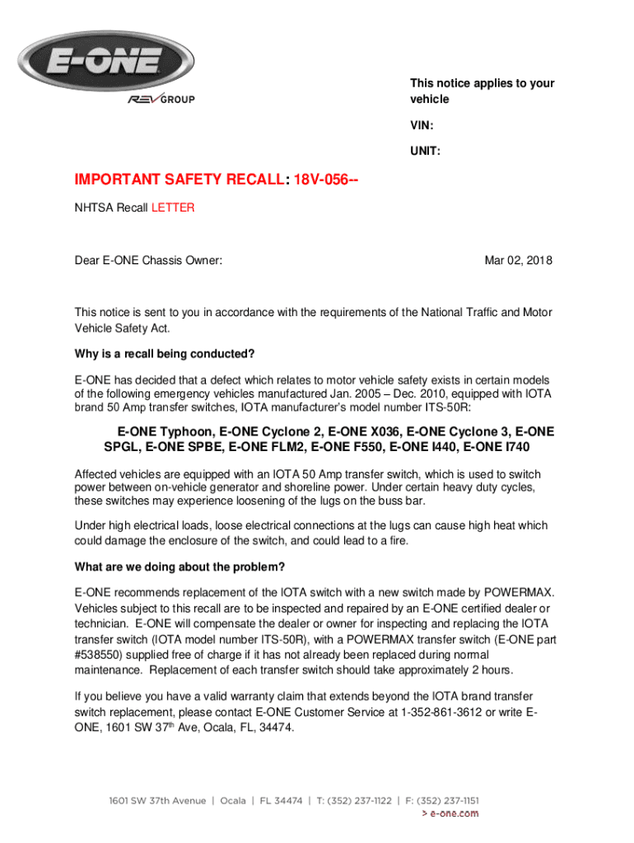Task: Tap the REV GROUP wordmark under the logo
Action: pyautogui.click(x=161, y=100)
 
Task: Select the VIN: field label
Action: pyautogui.click(x=423, y=126)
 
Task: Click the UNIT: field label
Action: pyautogui.click(x=426, y=151)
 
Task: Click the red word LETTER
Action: pyautogui.click(x=173, y=208)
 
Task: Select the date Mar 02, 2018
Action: pyautogui.click(x=518, y=261)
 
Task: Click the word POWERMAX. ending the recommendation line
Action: pyautogui.click(x=515, y=593)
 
